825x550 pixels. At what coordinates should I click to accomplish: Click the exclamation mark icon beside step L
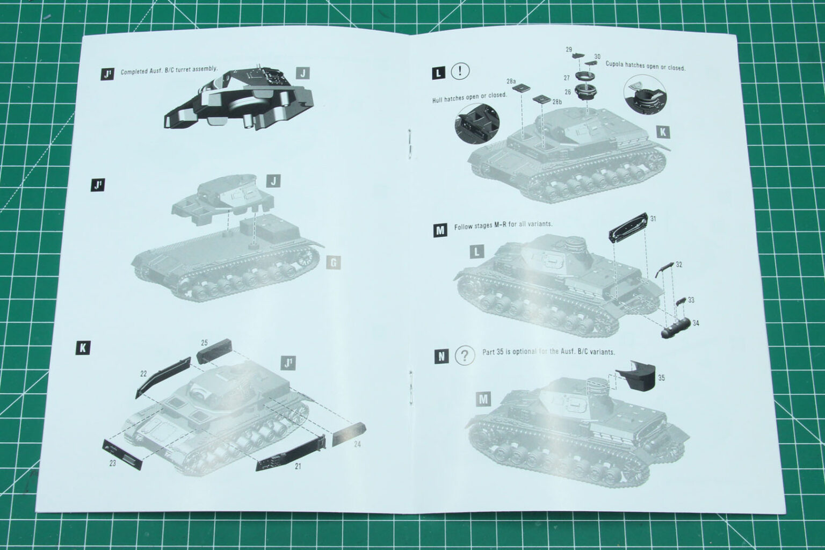(460, 71)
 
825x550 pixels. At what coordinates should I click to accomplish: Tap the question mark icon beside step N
(465, 355)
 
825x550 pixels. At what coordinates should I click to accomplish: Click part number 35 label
(661, 378)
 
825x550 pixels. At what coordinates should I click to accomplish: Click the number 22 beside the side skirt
(143, 373)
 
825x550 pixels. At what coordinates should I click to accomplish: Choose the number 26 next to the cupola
(568, 92)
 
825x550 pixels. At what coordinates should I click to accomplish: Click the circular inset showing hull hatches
(476, 124)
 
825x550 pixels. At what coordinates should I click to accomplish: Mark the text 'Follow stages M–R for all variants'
(503, 225)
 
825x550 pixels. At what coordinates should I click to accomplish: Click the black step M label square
(440, 230)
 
